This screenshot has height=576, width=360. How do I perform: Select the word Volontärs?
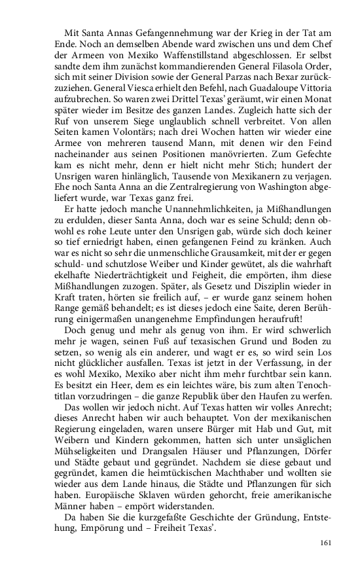[x=131, y=139]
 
